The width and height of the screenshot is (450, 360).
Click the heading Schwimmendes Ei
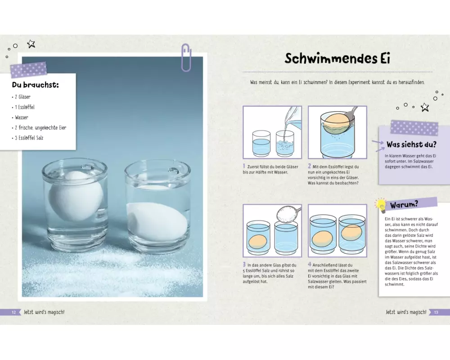pyautogui.click(x=337, y=58)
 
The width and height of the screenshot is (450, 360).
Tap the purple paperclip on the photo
pyautogui.click(x=186, y=58)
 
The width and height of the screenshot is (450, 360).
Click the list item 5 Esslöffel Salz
pyautogui.click(x=28, y=138)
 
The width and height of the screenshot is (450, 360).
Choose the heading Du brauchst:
pyautogui.click(x=35, y=85)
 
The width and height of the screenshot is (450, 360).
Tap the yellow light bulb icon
pyautogui.click(x=381, y=205)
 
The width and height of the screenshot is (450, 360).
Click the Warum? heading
pyautogui.click(x=404, y=205)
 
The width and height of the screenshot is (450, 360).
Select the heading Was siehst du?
pyautogui.click(x=411, y=144)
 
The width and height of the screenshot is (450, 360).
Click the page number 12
pyautogui.click(x=14, y=312)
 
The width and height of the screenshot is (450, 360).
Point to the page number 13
pyautogui.click(x=436, y=312)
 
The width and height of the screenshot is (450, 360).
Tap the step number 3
pyautogui.click(x=244, y=265)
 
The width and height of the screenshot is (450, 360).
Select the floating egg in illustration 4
pyautogui.click(x=351, y=233)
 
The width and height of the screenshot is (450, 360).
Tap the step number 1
pyautogui.click(x=244, y=166)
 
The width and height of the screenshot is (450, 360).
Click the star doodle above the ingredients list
pyautogui.click(x=31, y=44)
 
